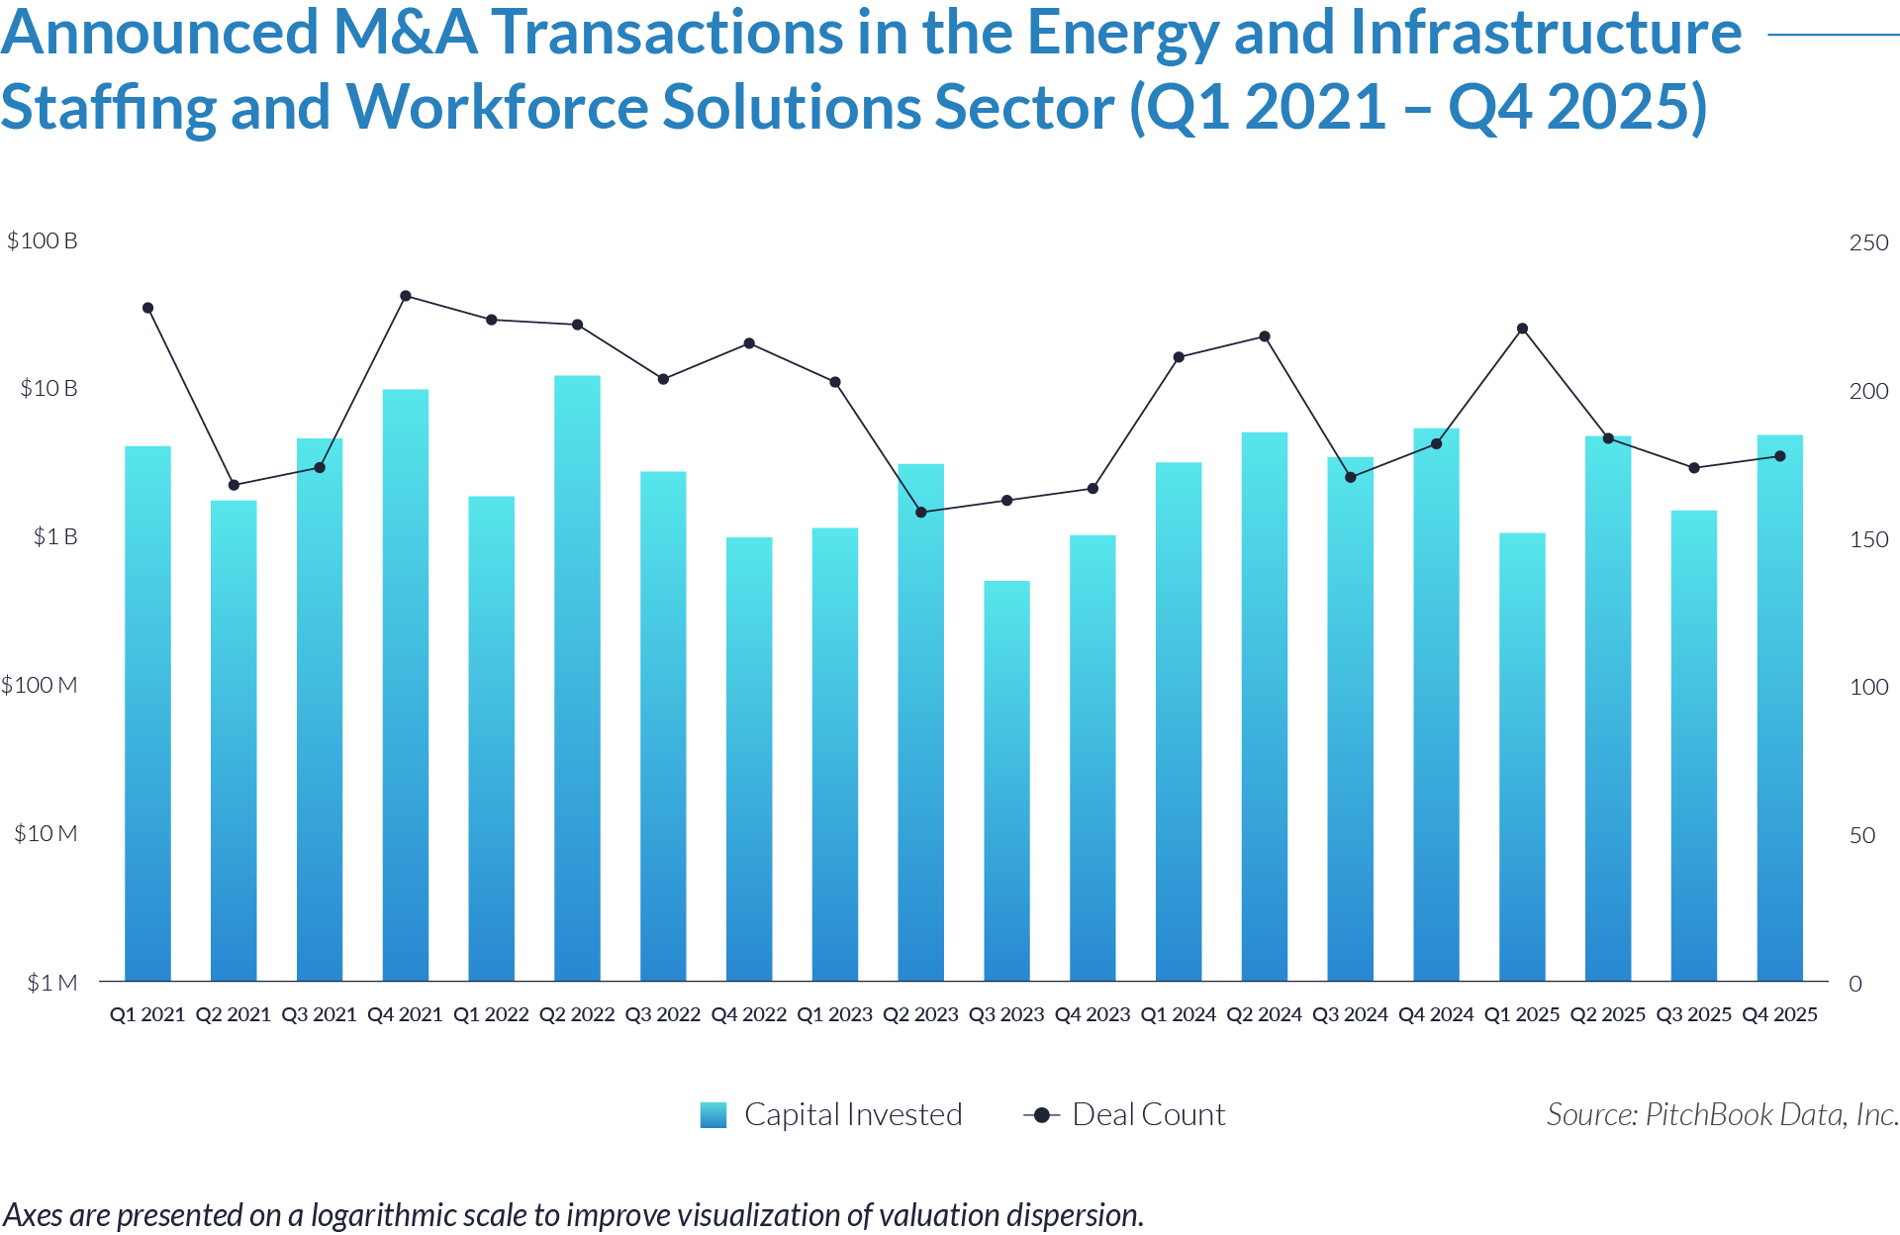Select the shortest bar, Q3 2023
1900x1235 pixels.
pos(1006,782)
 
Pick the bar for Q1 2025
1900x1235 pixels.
pos(1522,757)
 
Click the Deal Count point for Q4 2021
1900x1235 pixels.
pos(406,296)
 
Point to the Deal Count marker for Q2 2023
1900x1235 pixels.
pos(921,513)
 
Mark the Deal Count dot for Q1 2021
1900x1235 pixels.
pos(148,308)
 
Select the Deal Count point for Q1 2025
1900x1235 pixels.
pos(1523,329)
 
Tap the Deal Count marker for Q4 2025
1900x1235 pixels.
pos(1780,456)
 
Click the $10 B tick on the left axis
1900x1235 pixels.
pos(48,388)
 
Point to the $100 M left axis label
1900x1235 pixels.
pos(40,685)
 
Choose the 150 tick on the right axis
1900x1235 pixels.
pos(1868,539)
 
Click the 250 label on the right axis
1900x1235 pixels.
pos(1868,242)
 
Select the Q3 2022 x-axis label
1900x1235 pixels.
pos(662,1014)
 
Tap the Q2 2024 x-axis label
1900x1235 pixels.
pos(1264,1014)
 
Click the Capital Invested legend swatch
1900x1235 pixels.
pos(712,1115)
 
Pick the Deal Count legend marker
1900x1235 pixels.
pos(1041,1115)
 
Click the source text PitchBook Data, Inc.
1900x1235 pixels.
pos(1771,1115)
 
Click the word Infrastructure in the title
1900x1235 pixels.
pos(1545,33)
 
